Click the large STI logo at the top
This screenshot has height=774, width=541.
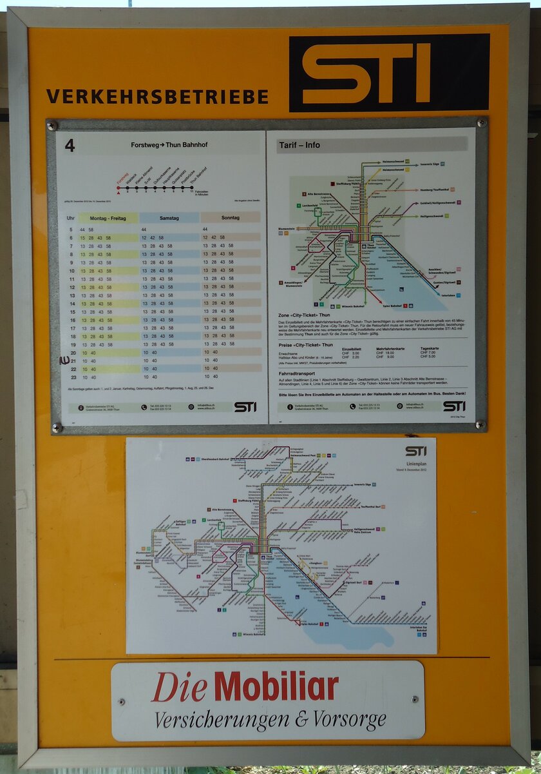[389, 72]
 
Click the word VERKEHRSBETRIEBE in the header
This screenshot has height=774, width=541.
[157, 97]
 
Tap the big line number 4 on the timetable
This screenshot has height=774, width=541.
[70, 146]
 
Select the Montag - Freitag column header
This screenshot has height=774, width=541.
[108, 219]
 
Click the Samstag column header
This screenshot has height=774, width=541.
[169, 219]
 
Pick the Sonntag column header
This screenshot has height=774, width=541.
[230, 219]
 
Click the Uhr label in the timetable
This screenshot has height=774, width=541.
[70, 219]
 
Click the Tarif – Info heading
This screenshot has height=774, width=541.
[299, 145]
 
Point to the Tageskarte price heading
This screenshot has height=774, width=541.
[432, 348]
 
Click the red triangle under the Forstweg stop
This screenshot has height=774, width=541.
[118, 192]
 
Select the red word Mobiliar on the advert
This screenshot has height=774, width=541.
[276, 686]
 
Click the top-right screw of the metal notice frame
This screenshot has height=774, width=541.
[480, 123]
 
